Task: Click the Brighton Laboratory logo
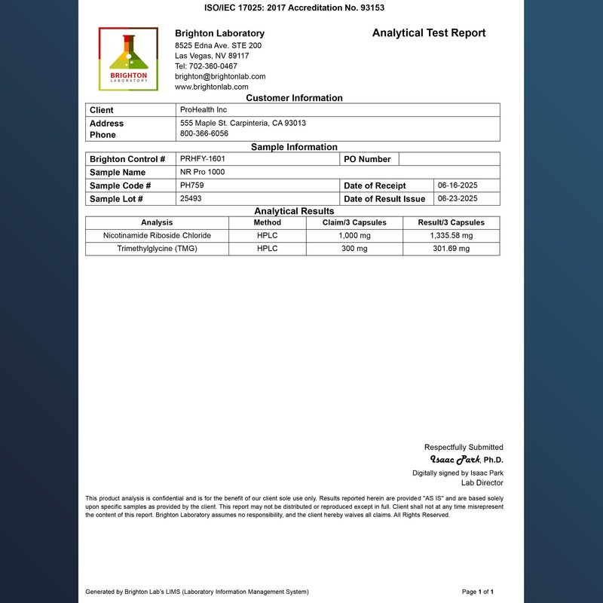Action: click(127, 59)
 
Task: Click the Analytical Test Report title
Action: click(429, 33)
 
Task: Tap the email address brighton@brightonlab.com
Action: click(220, 76)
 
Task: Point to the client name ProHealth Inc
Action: click(204, 110)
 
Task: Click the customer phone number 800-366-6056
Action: click(204, 133)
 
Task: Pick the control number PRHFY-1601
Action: click(203, 159)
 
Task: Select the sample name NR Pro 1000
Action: click(203, 172)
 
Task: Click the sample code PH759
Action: click(192, 185)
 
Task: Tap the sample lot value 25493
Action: click(191, 198)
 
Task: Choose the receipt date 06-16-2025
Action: click(458, 185)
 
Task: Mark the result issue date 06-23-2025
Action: click(458, 198)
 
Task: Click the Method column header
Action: click(268, 222)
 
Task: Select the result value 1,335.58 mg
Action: click(451, 236)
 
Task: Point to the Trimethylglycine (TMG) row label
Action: click(157, 249)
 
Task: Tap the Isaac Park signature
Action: click(455, 459)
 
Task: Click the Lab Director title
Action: click(482, 483)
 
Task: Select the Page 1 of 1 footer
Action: click(478, 592)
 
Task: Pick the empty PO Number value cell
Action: click(448, 159)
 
